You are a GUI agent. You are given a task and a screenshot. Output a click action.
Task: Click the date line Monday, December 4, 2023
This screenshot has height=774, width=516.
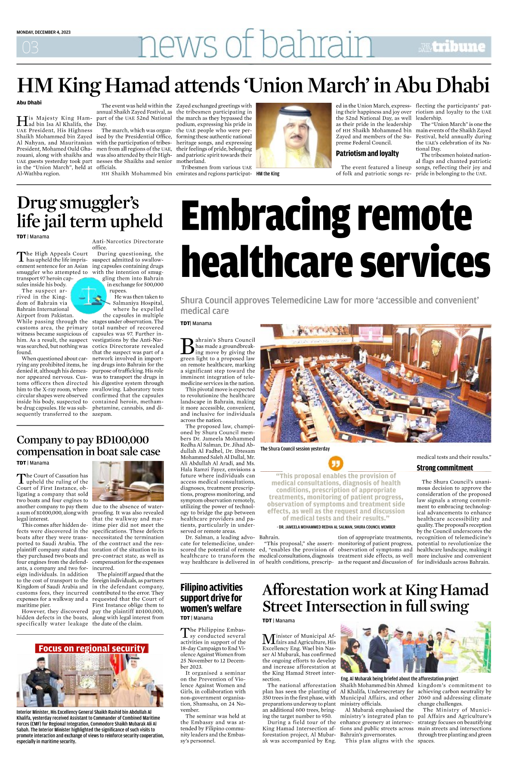(43, 32)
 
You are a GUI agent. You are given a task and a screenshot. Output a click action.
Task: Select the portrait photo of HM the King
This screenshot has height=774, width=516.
(294, 135)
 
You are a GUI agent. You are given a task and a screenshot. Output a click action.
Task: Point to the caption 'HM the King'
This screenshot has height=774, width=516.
(268, 174)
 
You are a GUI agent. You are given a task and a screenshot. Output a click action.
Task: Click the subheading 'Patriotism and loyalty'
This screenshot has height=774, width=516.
(367, 154)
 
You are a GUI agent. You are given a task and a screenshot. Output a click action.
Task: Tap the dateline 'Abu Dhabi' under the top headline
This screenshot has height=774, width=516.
(29, 103)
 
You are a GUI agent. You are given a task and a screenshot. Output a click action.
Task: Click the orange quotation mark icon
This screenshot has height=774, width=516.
(336, 464)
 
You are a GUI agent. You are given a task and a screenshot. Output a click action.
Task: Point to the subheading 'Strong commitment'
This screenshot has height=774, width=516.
(445, 468)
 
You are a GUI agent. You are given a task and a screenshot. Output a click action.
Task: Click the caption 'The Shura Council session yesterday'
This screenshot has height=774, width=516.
(295, 448)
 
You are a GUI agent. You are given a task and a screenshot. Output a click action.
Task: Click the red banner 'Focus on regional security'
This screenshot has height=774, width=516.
(92, 648)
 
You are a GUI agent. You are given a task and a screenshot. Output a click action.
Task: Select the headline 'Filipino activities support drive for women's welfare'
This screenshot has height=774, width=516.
(211, 598)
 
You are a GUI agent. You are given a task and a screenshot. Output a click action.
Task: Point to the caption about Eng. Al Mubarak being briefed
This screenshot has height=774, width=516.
(399, 679)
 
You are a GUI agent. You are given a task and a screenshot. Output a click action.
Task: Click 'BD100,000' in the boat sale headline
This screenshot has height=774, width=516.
(122, 440)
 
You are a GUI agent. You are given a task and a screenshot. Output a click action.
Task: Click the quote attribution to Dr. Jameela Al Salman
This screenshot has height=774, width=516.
(336, 527)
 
